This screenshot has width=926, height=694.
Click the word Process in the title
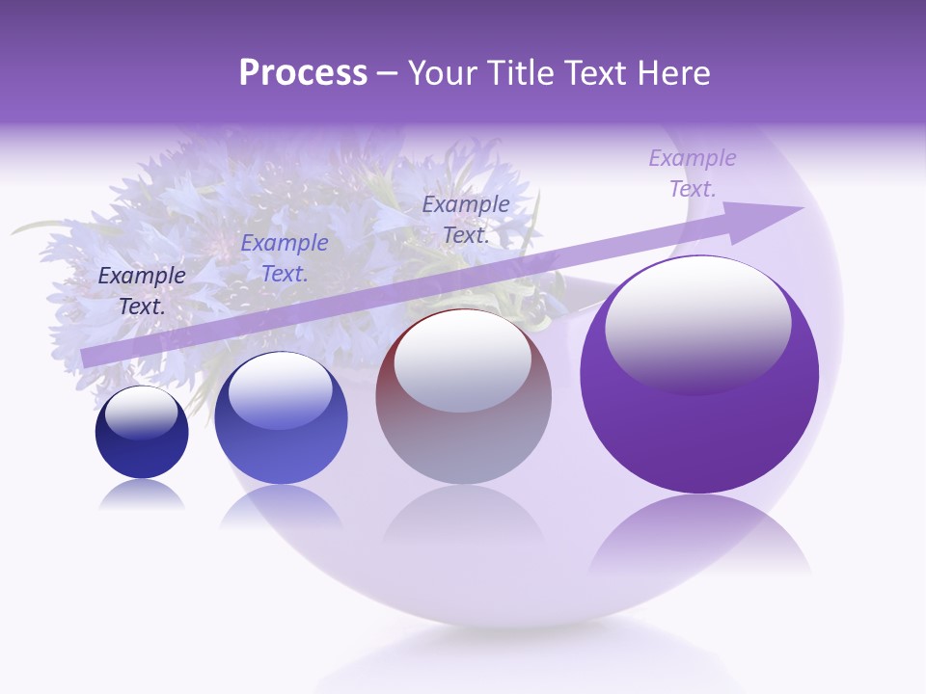click(x=303, y=73)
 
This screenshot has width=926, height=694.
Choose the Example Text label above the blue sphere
click(x=285, y=258)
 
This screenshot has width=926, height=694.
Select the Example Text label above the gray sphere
click(x=466, y=219)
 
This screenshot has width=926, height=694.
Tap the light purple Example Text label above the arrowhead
click(x=693, y=173)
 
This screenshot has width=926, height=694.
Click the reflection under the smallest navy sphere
click(x=142, y=495)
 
